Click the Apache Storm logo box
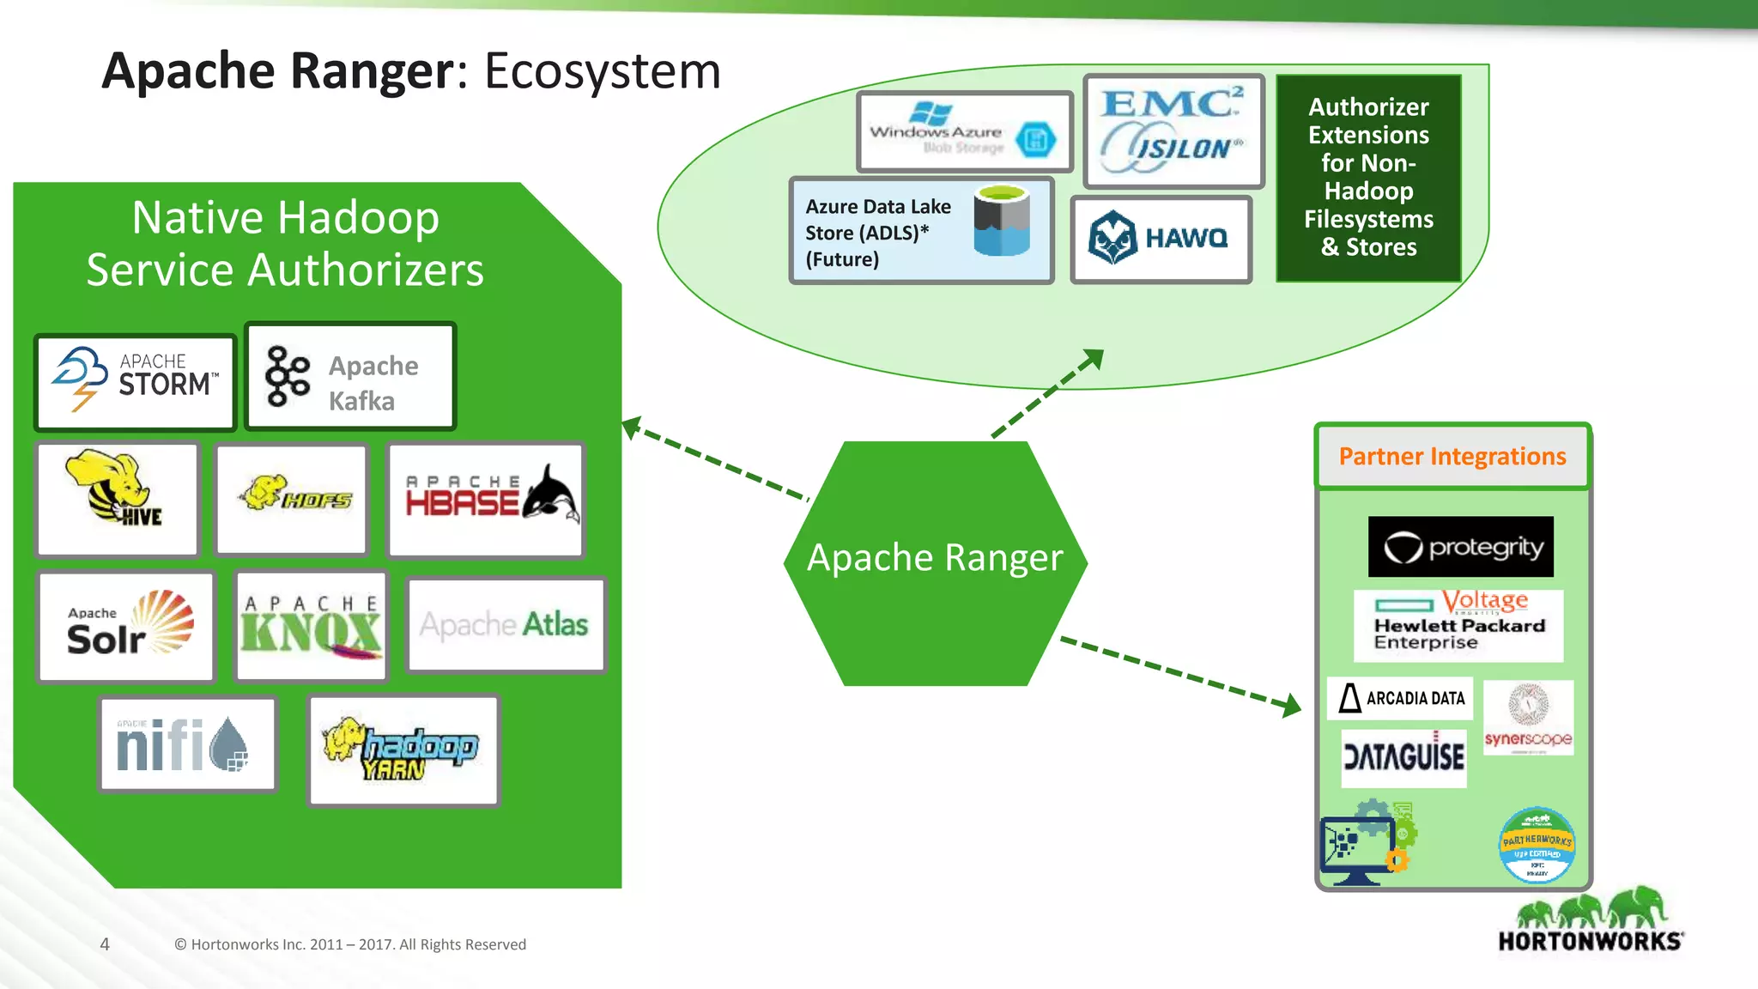point(136,383)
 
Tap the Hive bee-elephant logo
point(118,499)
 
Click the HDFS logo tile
point(292,499)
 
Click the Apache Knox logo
point(311,627)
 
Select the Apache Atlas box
point(506,624)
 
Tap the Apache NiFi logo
point(187,743)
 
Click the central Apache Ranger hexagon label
point(935,558)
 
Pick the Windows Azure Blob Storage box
point(965,132)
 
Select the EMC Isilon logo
point(1173,130)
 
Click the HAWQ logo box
point(1161,239)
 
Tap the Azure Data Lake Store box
point(921,231)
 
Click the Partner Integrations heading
point(1452,457)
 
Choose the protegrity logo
point(1460,547)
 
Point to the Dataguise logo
point(1403,757)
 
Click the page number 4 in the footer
point(105,944)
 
